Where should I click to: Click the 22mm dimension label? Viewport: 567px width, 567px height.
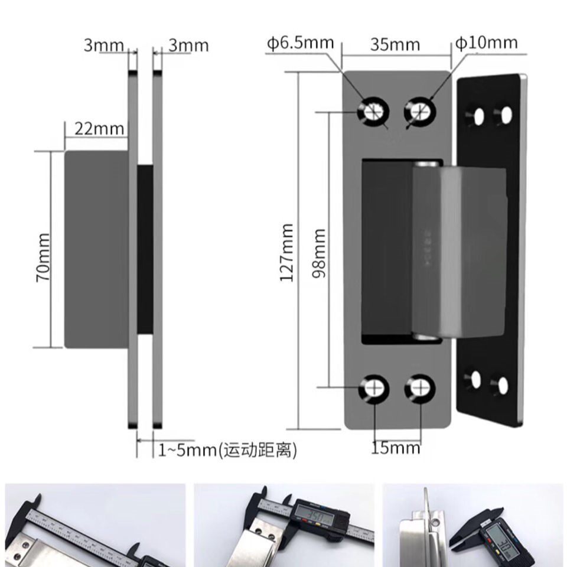click(99, 128)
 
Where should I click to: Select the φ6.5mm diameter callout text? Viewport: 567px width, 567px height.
click(300, 43)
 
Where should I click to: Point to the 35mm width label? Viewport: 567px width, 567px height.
click(395, 44)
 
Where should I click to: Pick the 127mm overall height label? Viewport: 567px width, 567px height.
click(288, 253)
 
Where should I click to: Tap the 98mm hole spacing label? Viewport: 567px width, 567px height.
click(319, 253)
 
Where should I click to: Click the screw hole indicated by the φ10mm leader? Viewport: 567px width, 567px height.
click(420, 110)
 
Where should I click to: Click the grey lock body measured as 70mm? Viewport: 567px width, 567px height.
click(96, 249)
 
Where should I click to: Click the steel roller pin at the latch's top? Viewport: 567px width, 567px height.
click(427, 164)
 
